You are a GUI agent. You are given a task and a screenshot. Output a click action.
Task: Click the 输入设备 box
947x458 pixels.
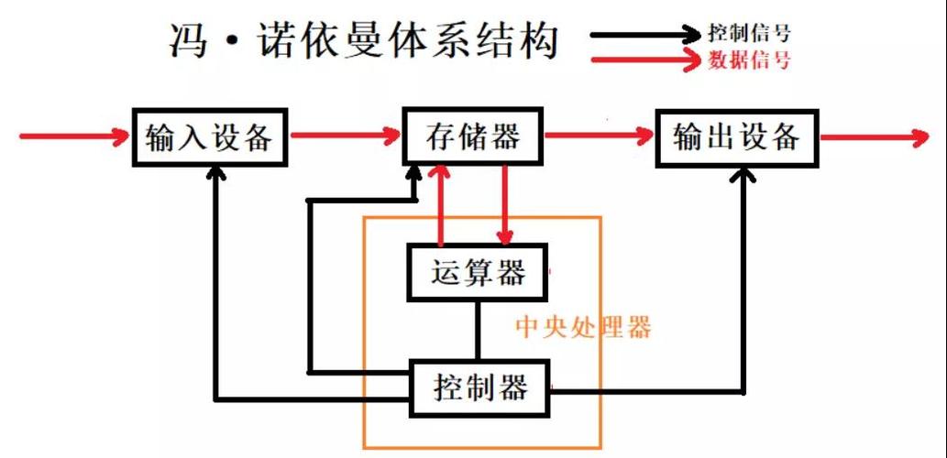(210, 137)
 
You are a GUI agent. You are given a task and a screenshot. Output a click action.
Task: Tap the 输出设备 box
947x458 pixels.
(736, 137)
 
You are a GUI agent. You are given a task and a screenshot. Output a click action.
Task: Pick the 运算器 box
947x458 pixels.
(478, 272)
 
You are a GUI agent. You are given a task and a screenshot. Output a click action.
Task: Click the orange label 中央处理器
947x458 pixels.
(583, 327)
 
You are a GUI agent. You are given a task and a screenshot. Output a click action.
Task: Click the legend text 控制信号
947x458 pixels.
(749, 34)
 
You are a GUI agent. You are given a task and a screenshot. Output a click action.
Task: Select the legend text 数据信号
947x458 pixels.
(749, 60)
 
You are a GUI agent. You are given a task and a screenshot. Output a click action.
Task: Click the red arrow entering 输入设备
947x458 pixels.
(73, 137)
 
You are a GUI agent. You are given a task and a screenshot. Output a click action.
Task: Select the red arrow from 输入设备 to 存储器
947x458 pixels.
(345, 137)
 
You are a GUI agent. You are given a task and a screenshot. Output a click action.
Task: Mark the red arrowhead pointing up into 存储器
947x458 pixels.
(443, 175)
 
